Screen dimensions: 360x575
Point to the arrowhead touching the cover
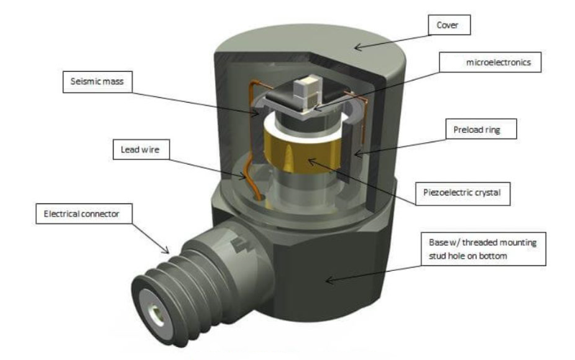tap(357, 47)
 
